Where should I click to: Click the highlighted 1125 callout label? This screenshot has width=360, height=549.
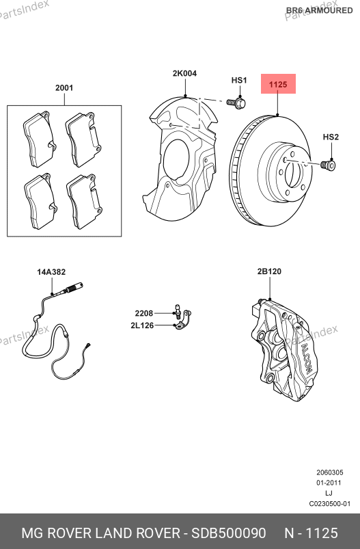tap(278, 84)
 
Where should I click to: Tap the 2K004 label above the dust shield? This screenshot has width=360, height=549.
tap(184, 73)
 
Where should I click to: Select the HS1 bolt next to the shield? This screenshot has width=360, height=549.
tap(236, 103)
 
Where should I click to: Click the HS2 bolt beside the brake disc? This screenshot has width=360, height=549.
tap(328, 165)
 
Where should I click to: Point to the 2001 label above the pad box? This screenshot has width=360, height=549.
tap(64, 88)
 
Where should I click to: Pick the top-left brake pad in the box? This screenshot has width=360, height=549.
tap(39, 139)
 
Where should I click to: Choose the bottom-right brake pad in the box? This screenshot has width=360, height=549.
tap(84, 201)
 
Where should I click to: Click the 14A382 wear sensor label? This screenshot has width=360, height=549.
tap(51, 271)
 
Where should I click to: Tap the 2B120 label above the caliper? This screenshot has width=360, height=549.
tap(269, 271)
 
